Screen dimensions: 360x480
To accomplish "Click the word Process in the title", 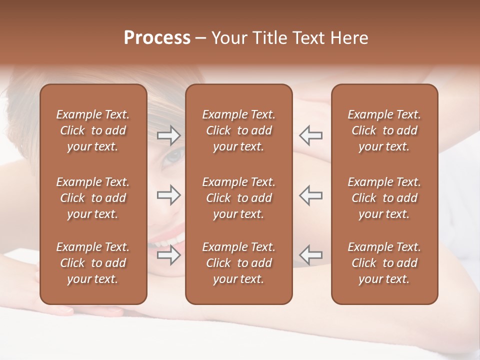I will click(x=157, y=38).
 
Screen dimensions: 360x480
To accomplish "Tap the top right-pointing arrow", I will click(x=168, y=135).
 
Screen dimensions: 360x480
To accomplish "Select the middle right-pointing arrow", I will click(x=168, y=195).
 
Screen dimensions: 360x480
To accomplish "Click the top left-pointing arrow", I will click(x=310, y=135).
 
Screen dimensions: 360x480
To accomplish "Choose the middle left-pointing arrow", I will click(x=310, y=195).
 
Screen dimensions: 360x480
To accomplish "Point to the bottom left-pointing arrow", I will click(x=310, y=255).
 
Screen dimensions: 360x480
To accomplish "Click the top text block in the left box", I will click(x=93, y=130).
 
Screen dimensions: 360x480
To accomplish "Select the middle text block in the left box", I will click(x=93, y=198).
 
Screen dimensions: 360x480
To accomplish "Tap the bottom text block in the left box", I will click(x=93, y=263).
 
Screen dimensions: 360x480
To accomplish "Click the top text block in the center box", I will click(x=238, y=130).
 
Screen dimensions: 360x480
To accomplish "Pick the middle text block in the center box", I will click(x=238, y=198).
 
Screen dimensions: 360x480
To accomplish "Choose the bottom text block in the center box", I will click(x=238, y=263).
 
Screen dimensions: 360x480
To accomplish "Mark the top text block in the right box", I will click(x=384, y=130).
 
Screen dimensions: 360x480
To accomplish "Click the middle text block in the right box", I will click(x=384, y=198).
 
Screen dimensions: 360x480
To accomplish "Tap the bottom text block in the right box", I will click(x=384, y=263).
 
